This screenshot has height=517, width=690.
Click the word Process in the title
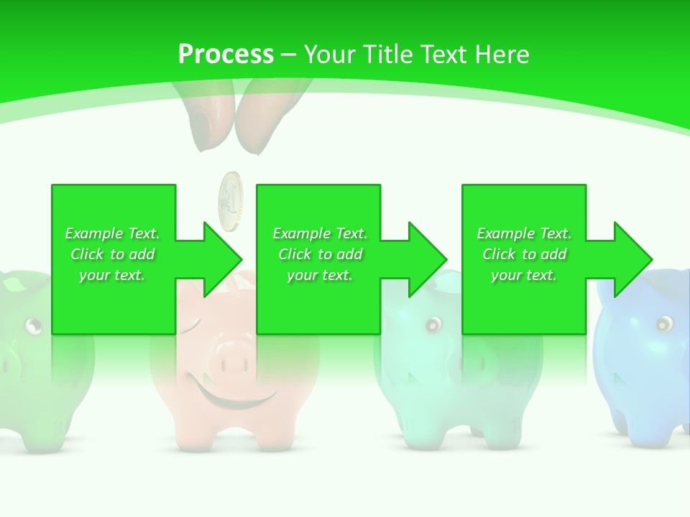[x=226, y=55]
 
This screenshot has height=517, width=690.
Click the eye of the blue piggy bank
[x=663, y=323]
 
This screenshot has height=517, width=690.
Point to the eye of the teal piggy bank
[x=433, y=325]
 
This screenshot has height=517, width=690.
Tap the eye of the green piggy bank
[x=33, y=327]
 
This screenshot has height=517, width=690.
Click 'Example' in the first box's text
[x=93, y=233]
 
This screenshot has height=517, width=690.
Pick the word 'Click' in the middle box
[x=295, y=254]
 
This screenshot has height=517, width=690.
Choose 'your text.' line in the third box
[x=523, y=275]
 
